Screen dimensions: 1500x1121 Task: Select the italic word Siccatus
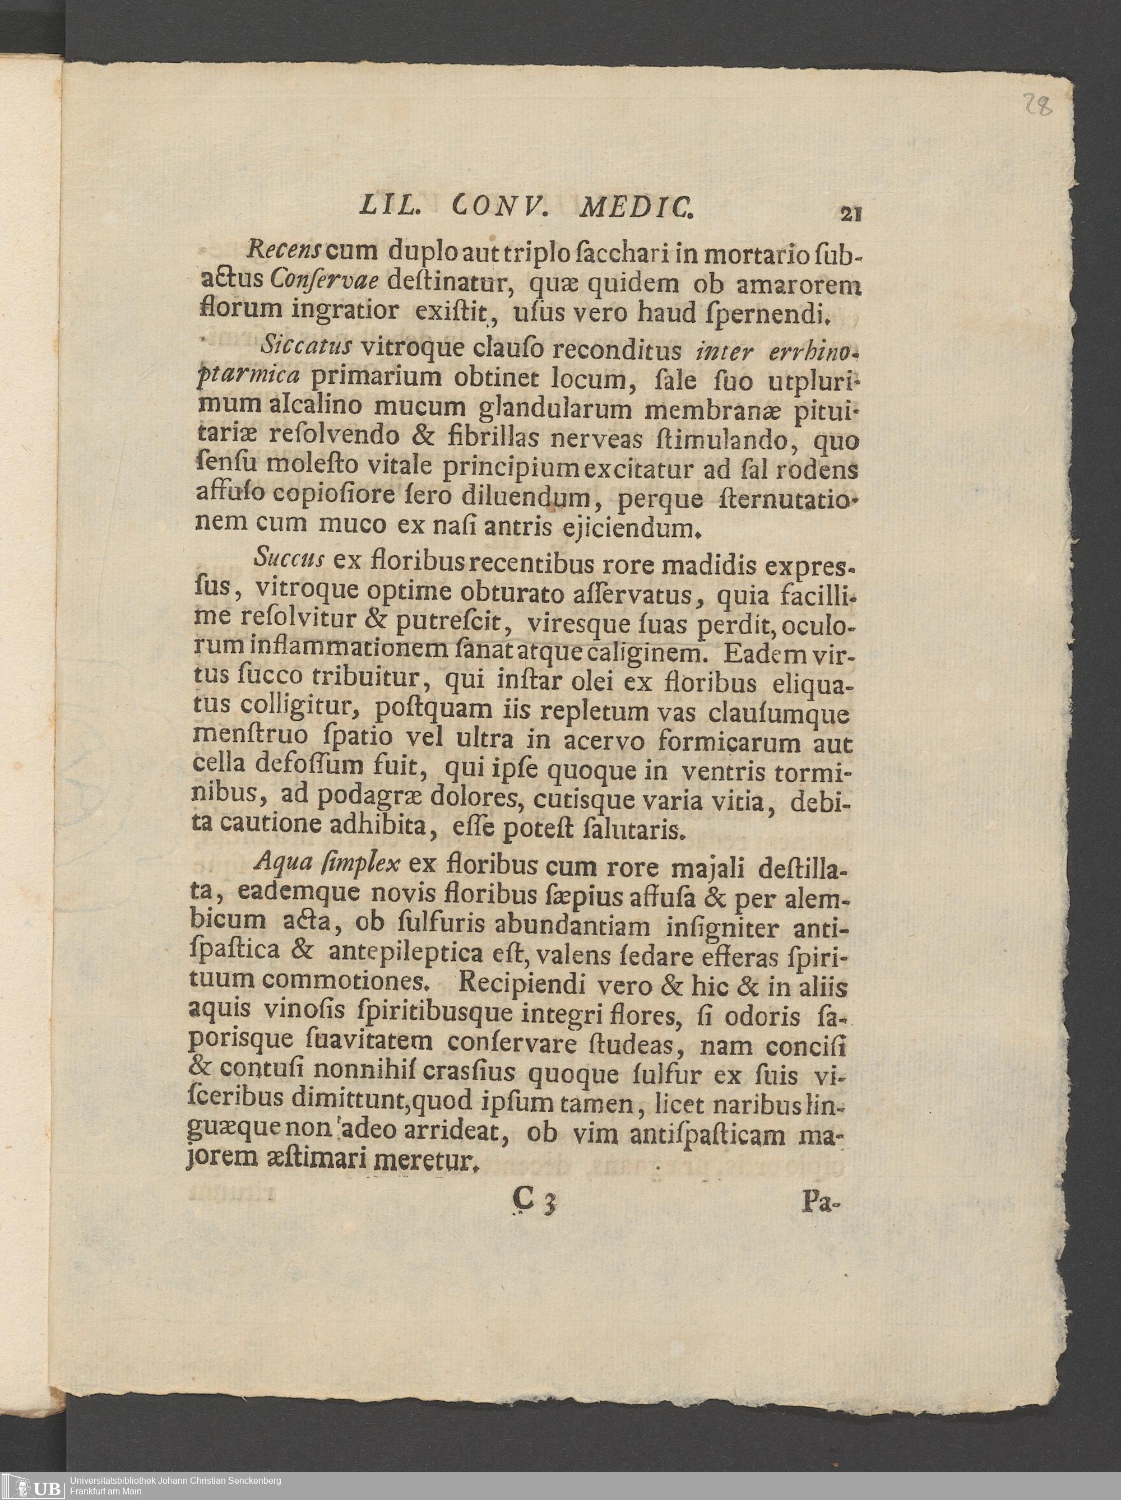(304, 348)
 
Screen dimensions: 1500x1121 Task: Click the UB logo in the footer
(32, 1483)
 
